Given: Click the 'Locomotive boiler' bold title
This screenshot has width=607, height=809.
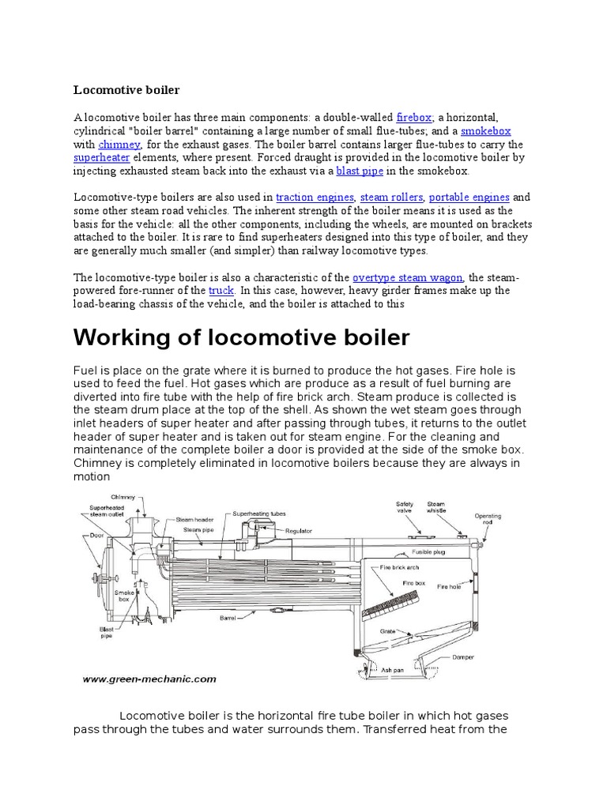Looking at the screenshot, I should [x=126, y=89].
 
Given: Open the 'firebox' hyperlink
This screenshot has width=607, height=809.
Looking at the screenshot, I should [x=413, y=117].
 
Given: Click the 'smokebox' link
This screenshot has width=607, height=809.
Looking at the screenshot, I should [x=485, y=131].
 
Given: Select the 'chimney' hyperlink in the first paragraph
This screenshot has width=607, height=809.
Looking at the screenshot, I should [x=119, y=145].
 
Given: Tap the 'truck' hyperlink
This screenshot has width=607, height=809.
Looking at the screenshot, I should [x=221, y=291].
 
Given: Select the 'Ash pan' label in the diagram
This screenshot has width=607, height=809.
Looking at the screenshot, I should [x=393, y=669].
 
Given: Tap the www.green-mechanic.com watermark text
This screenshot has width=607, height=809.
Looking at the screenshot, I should [x=149, y=678].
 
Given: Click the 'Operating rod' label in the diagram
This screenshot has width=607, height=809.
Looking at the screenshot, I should [x=488, y=520].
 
